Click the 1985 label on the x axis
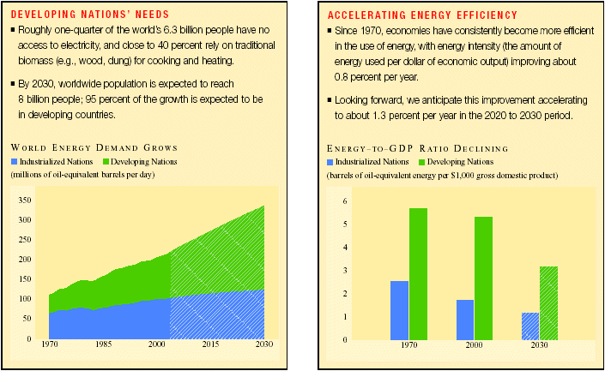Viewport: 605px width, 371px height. click(102, 344)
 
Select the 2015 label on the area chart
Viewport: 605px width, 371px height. click(209, 344)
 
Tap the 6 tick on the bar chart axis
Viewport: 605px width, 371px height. click(345, 201)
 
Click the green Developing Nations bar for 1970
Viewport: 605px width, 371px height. click(418, 273)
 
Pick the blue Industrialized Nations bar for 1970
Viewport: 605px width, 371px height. click(399, 309)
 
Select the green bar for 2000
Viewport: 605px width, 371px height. click(483, 278)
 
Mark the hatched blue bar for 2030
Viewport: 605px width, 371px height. click(529, 326)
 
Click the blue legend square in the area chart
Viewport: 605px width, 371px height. click(14, 161)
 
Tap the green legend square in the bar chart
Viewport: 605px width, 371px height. click(422, 161)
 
